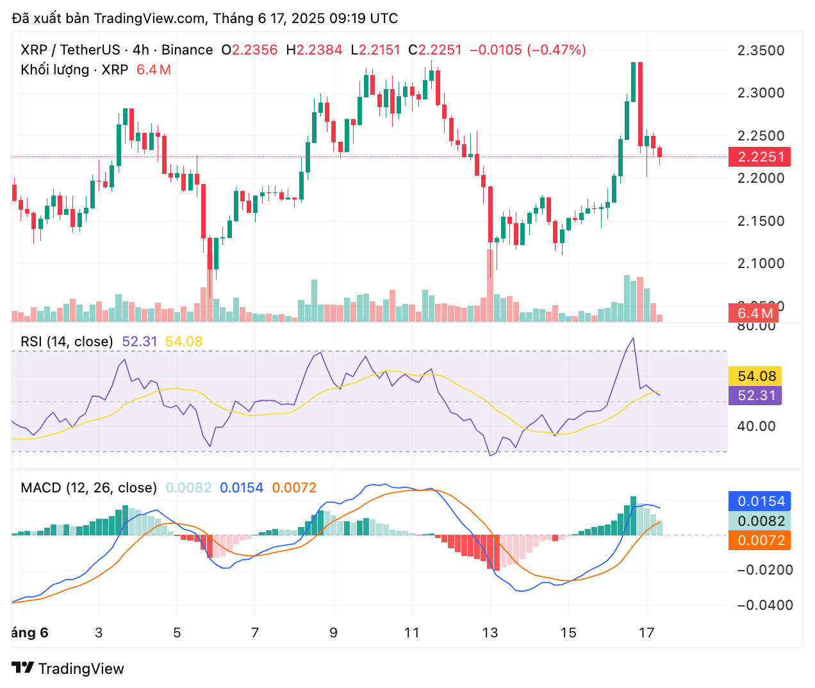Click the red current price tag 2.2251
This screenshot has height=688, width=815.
[759, 157]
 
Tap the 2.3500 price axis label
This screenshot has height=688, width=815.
[761, 51]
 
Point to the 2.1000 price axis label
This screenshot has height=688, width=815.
[761, 264]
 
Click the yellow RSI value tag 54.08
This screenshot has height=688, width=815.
[756, 376]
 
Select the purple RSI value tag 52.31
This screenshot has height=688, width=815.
[756, 396]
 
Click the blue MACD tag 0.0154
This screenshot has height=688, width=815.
[761, 501]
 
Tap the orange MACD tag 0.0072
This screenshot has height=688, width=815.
[761, 541]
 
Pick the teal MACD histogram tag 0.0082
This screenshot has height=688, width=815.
[761, 521]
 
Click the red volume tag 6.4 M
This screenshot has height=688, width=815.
[755, 314]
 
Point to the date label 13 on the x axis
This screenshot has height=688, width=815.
[490, 633]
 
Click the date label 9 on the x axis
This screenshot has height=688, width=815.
[333, 633]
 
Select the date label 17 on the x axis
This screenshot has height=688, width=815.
[646, 633]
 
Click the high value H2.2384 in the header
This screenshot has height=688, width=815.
[314, 50]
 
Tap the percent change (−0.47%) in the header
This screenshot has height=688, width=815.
[556, 50]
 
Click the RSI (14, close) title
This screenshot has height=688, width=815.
[67, 342]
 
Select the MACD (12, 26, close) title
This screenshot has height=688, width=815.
[88, 488]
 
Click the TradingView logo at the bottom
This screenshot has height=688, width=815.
[68, 669]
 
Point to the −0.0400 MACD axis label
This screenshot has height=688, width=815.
[765, 605]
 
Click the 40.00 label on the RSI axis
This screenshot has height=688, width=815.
[756, 426]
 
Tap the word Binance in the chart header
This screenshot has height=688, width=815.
[187, 50]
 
